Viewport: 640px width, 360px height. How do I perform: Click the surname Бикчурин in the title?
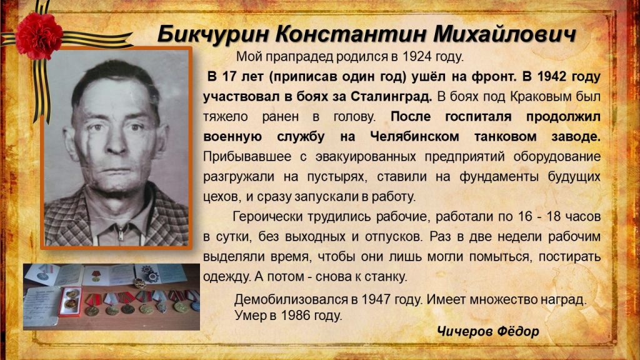pos(212,34)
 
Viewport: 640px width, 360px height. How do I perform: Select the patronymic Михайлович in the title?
pos(504,34)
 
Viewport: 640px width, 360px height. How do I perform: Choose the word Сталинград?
pos(391,97)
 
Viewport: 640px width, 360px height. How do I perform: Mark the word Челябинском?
pos(414,137)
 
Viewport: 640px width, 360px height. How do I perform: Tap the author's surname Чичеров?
pos(461,331)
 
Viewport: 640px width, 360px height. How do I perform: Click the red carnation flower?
pos(39,36)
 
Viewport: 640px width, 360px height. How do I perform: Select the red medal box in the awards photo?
pos(70,301)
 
